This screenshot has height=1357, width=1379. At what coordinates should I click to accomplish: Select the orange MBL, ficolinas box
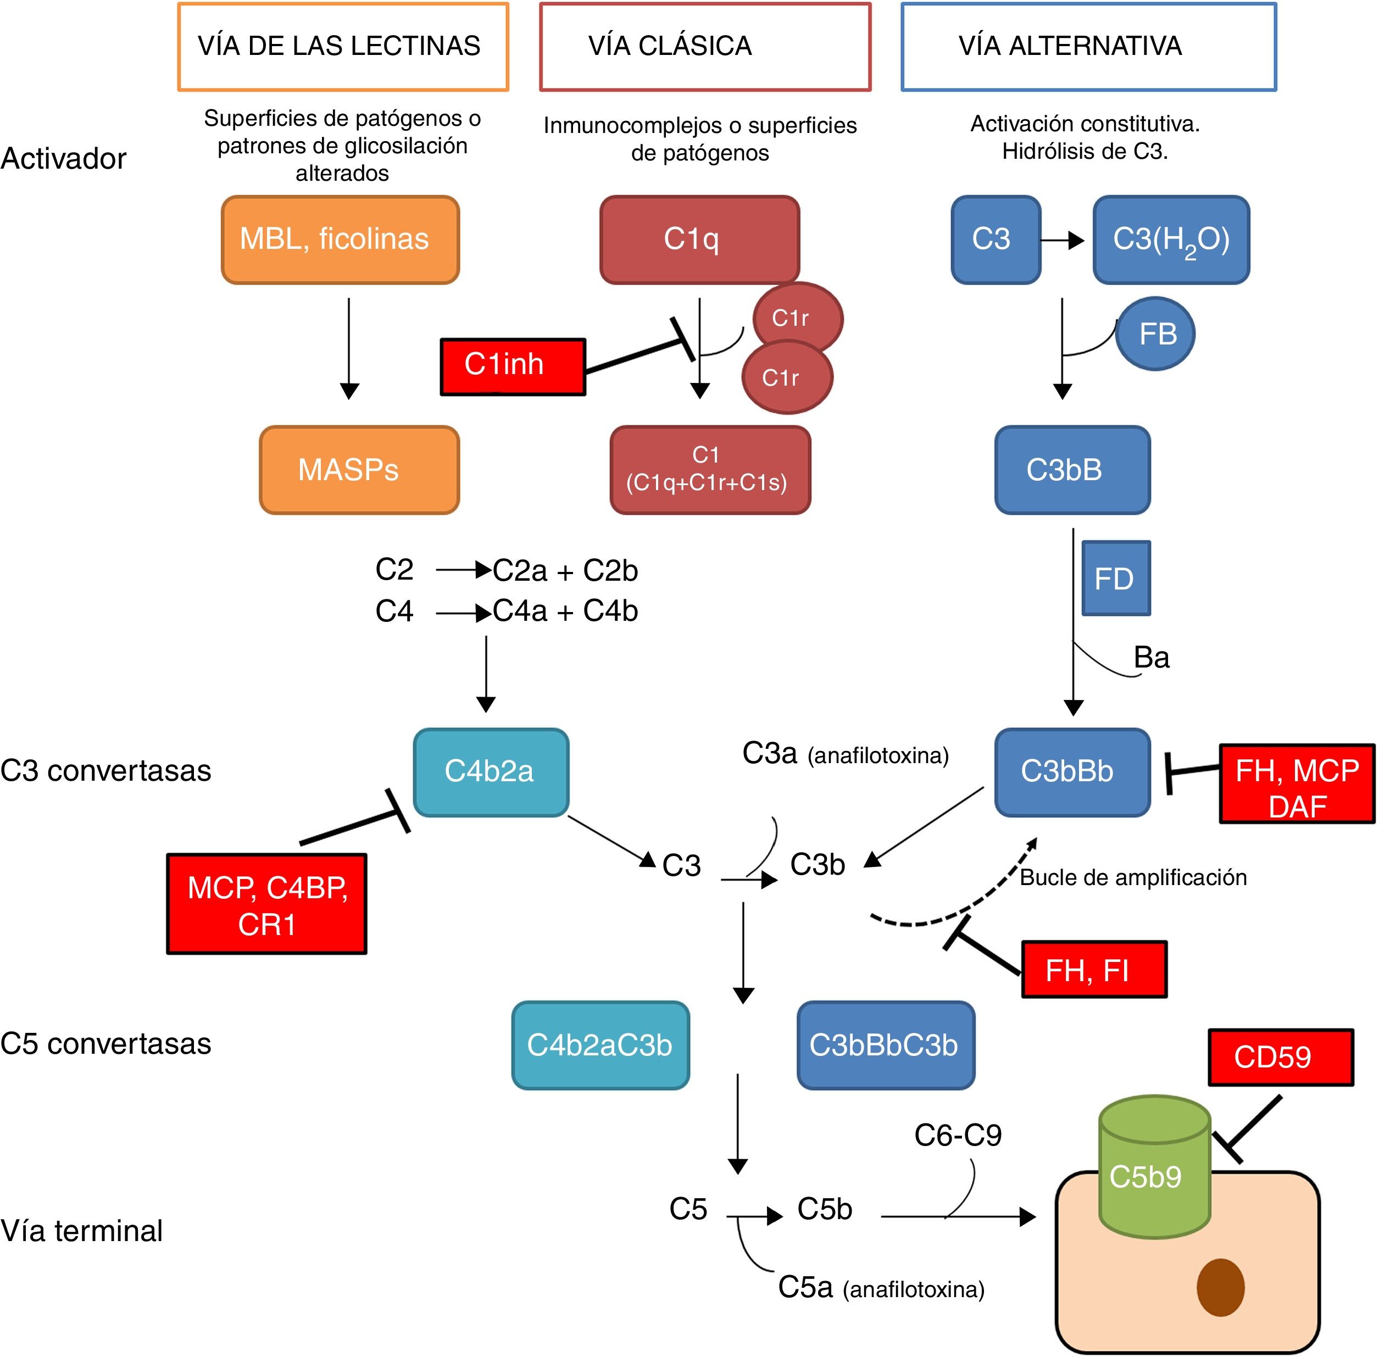coord(340,240)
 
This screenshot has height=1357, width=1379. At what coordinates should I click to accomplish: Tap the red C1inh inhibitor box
coord(513,366)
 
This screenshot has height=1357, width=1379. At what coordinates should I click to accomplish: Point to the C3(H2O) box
coord(1171,240)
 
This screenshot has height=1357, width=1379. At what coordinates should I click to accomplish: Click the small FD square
coord(1115,578)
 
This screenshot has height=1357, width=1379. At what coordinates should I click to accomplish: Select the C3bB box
coord(1072,470)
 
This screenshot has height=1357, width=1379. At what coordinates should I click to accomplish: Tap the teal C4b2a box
coord(490,772)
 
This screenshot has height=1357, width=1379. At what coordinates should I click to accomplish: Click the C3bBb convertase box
coord(1072,772)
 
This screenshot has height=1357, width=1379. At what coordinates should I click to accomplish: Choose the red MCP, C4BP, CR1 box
coord(266,904)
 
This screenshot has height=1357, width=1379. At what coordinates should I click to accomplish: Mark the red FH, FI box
coord(1094,969)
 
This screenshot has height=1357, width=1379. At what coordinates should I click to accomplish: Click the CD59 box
coord(1280,1057)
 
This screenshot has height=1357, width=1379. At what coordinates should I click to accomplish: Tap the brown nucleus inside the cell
coord(1220,1287)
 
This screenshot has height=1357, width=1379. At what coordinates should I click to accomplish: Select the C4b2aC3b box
coord(600,1045)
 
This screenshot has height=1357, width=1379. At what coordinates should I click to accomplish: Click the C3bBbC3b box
coord(885,1045)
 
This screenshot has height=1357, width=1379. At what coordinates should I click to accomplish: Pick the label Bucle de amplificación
coord(1132,877)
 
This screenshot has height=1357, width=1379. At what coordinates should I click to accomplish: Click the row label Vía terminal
coord(82,1231)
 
